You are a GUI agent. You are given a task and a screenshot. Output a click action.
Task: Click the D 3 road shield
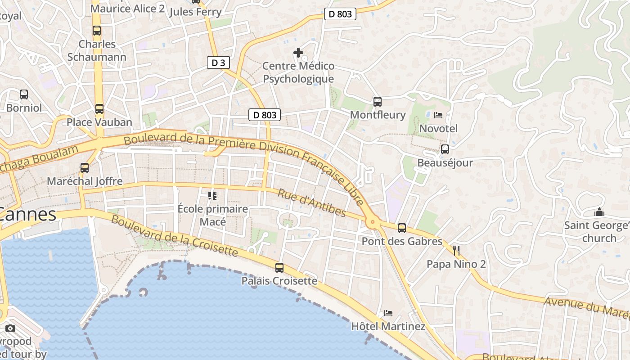click(x=218, y=63)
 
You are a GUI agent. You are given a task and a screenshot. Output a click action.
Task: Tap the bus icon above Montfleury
click(x=378, y=102)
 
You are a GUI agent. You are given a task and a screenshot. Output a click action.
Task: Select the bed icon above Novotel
click(x=438, y=115)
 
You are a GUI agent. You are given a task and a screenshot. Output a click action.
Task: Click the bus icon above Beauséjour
click(x=445, y=149)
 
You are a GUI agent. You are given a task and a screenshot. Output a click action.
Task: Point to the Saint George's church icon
click(x=599, y=212)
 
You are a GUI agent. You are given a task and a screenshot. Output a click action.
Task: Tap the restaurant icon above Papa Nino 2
click(x=457, y=251)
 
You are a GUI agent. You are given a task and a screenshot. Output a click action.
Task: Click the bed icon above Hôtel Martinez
click(x=388, y=313)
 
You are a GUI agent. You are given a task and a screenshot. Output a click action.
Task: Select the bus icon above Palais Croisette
click(x=279, y=268)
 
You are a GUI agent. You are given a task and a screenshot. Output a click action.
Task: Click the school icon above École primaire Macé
click(x=212, y=195)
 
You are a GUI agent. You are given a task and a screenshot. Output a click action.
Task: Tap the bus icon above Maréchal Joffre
click(x=85, y=168)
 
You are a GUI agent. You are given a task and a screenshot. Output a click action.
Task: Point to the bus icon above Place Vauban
click(x=99, y=109)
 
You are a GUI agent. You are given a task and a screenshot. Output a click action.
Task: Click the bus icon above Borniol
click(x=24, y=94)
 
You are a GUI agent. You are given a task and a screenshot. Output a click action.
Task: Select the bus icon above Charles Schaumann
click(x=97, y=31)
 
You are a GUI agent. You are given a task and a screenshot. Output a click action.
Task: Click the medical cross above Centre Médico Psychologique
click(x=298, y=53)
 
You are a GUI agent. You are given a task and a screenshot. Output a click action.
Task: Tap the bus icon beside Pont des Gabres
click(x=402, y=228)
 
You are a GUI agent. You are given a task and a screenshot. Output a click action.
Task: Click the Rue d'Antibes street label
click(x=311, y=203)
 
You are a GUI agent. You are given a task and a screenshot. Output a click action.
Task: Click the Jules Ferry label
click(x=195, y=12)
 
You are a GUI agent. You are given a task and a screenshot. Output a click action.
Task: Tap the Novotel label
click(x=438, y=129)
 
